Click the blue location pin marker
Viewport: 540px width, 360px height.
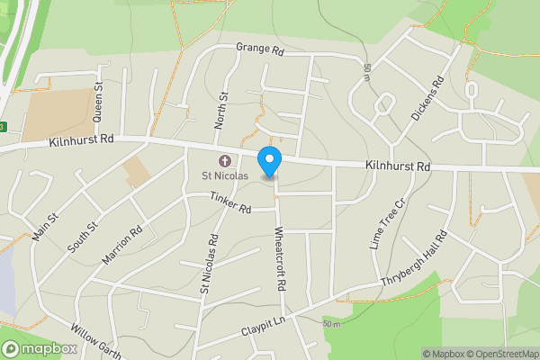(x=269, y=161)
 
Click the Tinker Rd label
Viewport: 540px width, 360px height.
(x=229, y=202)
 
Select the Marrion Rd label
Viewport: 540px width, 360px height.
(x=122, y=244)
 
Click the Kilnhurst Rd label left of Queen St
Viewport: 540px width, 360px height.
(x=81, y=139)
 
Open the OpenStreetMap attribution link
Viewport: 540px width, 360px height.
(x=501, y=354)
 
